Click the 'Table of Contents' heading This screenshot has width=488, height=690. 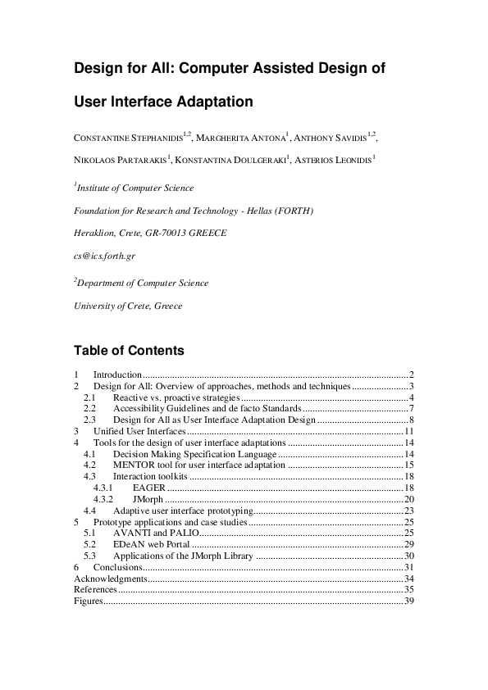point(129,351)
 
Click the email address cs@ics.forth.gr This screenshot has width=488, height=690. point(105,256)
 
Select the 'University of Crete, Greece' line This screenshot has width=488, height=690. point(128,306)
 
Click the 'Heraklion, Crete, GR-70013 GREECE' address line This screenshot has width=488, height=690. point(150,233)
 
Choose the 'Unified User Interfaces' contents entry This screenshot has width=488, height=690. point(140,430)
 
